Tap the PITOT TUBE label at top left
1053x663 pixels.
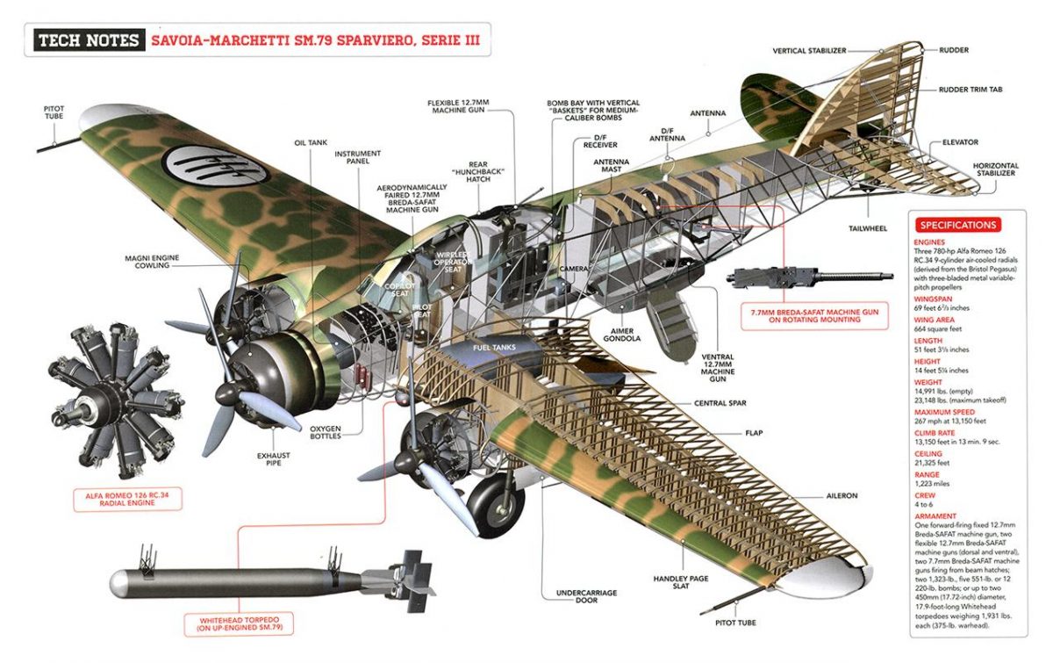(54, 112)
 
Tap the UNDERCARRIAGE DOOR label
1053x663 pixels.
(587, 597)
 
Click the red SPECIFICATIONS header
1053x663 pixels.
(957, 225)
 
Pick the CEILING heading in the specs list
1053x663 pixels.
(928, 454)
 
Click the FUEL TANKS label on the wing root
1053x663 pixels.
(494, 347)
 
